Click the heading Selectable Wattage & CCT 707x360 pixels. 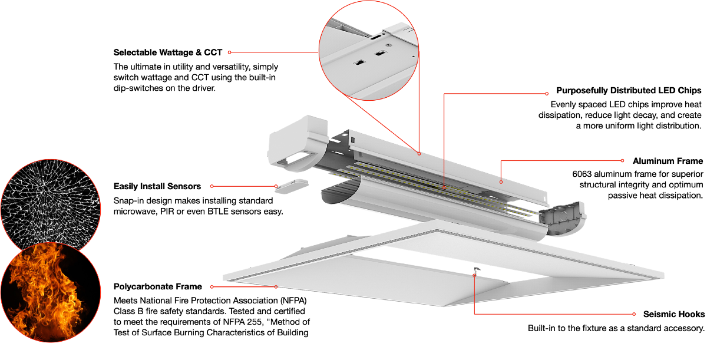pyautogui.click(x=167, y=52)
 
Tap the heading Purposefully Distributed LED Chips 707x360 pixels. pyautogui.click(x=629, y=91)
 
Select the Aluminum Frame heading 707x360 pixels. pyautogui.click(x=668, y=161)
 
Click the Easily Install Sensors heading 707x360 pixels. pyautogui.click(x=157, y=186)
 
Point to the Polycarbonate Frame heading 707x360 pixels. pyautogui.click(x=157, y=286)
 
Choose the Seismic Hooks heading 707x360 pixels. pyautogui.click(x=674, y=314)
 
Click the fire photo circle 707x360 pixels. pyautogui.click(x=51, y=292)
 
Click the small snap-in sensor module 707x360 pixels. pyautogui.click(x=292, y=186)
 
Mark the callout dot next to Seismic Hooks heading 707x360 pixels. pyautogui.click(x=634, y=314)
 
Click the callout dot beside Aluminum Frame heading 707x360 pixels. pyautogui.click(x=622, y=161)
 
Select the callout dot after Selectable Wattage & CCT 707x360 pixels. pyautogui.click(x=229, y=52)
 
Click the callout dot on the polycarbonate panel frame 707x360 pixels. pyautogui.click(x=276, y=287)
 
